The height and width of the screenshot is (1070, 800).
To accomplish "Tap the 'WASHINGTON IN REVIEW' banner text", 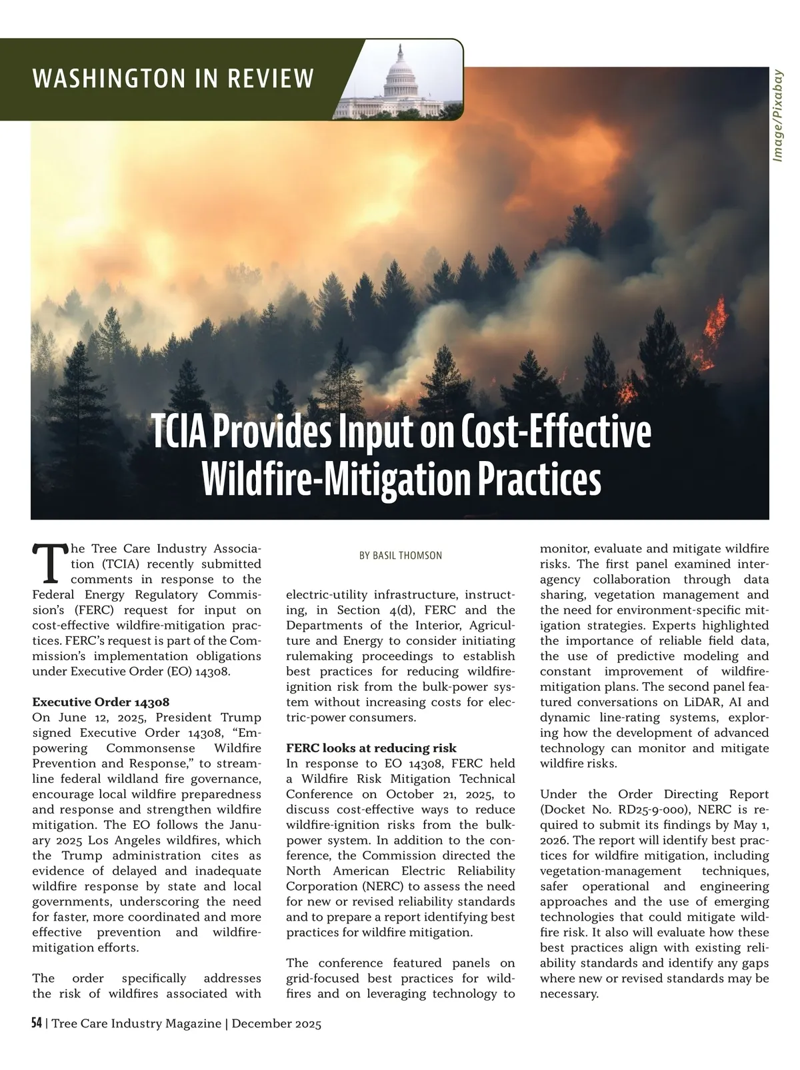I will tap(173, 79).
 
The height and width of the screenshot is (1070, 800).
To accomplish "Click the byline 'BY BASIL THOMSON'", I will tap(400, 555).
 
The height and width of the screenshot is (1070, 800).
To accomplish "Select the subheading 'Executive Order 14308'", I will tap(101, 702).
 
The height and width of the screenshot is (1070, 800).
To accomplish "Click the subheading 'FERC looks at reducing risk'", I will tap(371, 748).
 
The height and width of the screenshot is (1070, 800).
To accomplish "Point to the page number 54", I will tap(37, 1023).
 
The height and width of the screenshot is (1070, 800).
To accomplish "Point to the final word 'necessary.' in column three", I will tap(569, 993).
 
